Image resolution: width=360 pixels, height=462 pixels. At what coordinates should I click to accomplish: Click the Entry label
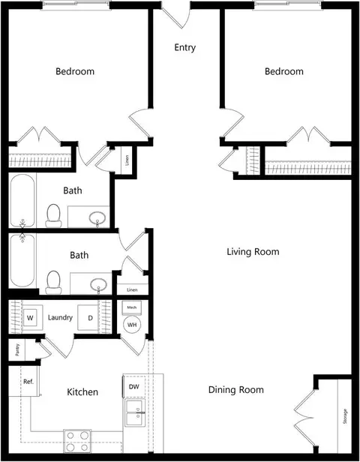[x=185, y=48]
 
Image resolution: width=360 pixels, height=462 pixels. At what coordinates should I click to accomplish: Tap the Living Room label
[x=253, y=252]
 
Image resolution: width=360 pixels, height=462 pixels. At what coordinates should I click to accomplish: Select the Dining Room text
[x=236, y=390]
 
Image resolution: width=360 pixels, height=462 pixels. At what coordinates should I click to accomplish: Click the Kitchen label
[x=82, y=391]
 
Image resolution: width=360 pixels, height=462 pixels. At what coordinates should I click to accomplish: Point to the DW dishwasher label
[x=133, y=386]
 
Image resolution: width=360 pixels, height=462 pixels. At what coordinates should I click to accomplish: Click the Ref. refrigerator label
[x=28, y=382]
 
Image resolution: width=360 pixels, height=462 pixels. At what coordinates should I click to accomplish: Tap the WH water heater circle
[x=132, y=325]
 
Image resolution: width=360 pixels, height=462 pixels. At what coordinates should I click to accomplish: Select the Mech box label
[x=132, y=307]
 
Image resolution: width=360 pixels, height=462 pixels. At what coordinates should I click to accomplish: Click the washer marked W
[x=30, y=318]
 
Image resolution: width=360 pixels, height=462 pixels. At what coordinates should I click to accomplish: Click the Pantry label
[x=17, y=349]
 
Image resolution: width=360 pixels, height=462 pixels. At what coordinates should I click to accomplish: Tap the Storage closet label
[x=345, y=416]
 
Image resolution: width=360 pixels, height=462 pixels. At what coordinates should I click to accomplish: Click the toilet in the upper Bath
[x=53, y=216]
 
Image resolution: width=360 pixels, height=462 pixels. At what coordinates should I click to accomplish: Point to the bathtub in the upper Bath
[x=22, y=200]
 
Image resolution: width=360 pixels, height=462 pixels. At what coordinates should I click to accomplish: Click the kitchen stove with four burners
[x=77, y=441]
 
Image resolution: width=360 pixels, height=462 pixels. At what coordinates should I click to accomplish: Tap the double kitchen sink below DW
[x=135, y=412]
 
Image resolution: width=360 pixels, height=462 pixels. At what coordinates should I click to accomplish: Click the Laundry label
[x=60, y=318]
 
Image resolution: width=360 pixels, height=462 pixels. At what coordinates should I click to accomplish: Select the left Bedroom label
[x=75, y=71]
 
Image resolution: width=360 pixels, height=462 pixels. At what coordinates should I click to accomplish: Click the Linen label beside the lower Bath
[x=132, y=290]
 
